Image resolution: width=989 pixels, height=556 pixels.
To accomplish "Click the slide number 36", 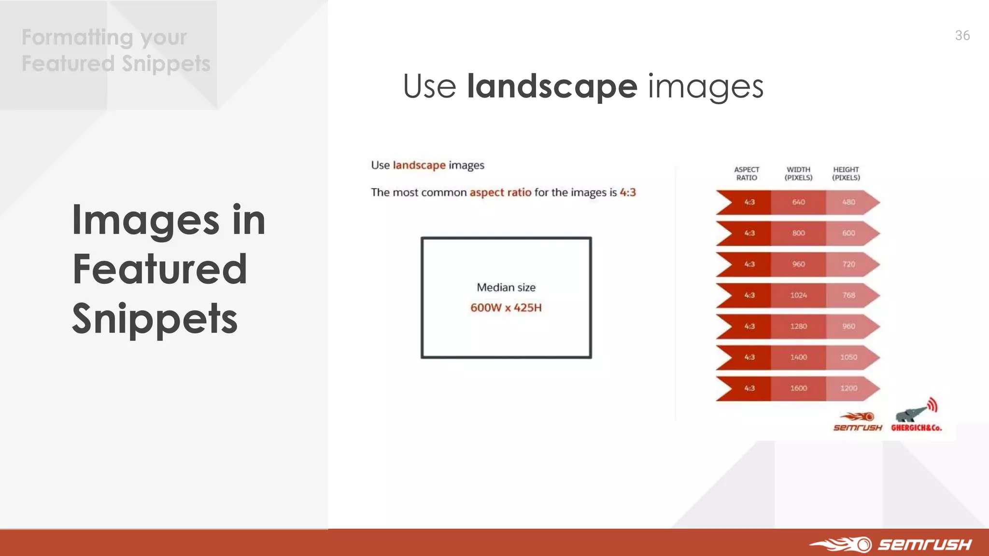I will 962,36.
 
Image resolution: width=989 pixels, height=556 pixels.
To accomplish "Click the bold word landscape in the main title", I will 552,87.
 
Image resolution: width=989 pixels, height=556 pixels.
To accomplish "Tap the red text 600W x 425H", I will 506,308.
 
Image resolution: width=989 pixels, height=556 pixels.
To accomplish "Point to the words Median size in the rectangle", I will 506,288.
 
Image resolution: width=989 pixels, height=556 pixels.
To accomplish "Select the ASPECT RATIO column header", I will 747,174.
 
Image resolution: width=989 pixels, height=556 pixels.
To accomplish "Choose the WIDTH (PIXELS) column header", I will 798,174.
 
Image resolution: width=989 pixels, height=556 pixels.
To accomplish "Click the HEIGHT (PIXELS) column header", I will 846,174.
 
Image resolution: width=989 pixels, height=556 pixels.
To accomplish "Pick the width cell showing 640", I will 798,202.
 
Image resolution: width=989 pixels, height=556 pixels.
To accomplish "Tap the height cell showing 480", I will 848,202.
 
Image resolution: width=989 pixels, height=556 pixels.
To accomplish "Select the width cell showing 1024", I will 798,295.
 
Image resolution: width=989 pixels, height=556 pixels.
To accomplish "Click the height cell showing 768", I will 848,295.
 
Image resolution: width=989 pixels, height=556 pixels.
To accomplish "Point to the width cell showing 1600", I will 798,389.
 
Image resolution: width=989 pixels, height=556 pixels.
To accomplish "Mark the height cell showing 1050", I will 848,358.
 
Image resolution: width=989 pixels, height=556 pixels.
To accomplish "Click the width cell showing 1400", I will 798,358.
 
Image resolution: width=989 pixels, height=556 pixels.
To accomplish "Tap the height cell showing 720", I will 848,264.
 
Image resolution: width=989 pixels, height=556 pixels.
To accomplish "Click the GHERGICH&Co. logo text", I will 916,428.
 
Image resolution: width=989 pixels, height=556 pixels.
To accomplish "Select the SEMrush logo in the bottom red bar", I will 891,544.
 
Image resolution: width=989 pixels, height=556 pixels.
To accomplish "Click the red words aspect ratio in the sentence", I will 500,193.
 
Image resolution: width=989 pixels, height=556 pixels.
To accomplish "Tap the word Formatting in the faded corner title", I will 77,38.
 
